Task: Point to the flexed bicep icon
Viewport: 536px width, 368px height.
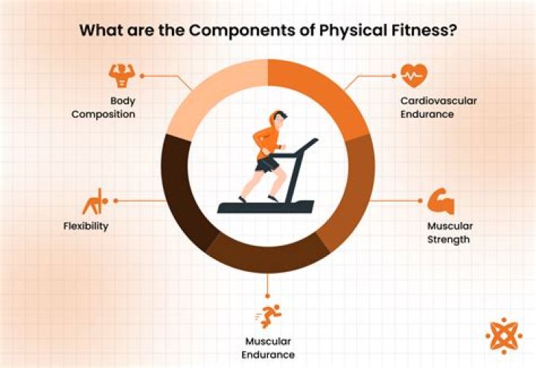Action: (441, 202)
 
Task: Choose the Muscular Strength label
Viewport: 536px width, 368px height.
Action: (450, 232)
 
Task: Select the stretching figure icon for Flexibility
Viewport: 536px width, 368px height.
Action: (94, 201)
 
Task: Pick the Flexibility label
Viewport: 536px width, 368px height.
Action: (86, 226)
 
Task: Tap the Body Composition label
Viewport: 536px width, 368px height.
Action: (104, 107)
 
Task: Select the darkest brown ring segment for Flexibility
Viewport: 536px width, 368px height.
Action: (177, 186)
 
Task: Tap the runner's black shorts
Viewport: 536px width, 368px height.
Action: (266, 163)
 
